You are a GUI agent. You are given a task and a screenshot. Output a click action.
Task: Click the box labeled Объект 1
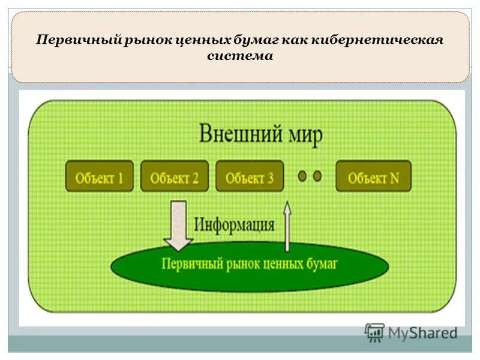click(x=100, y=176)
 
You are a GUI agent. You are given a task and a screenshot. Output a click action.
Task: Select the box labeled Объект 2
click(x=175, y=176)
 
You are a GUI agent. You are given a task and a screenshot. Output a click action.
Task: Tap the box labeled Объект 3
click(x=250, y=176)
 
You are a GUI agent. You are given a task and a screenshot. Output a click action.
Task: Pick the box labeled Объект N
click(x=373, y=176)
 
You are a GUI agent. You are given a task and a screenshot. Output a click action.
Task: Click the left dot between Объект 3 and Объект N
click(x=302, y=176)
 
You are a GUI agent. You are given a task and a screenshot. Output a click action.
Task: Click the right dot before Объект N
click(x=317, y=176)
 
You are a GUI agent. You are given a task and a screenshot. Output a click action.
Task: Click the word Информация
click(x=235, y=225)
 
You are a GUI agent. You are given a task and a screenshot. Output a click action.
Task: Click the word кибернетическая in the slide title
click(x=377, y=40)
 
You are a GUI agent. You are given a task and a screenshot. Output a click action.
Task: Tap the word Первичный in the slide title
click(x=78, y=40)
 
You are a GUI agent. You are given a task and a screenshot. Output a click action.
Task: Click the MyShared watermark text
click(x=422, y=332)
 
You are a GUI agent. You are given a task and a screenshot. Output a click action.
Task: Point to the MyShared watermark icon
click(x=374, y=332)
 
